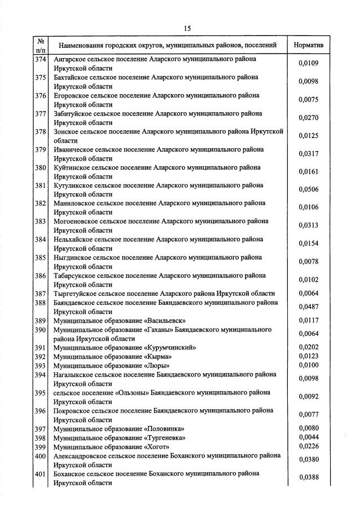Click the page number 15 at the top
pyautogui.click(x=188, y=29)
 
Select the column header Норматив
pyautogui.click(x=309, y=45)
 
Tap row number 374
pyautogui.click(x=40, y=59)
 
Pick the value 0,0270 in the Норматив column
pyautogui.click(x=309, y=118)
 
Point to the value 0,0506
pyautogui.click(x=309, y=189)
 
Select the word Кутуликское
pyautogui.click(x=72, y=185)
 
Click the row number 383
pyautogui.click(x=40, y=221)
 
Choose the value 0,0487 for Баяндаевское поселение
pyautogui.click(x=309, y=307)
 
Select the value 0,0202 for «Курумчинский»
pyautogui.click(x=309, y=348)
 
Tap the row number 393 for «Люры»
pyautogui.click(x=40, y=366)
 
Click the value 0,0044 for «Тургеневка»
pyautogui.click(x=309, y=437)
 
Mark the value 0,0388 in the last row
pyautogui.click(x=309, y=477)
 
